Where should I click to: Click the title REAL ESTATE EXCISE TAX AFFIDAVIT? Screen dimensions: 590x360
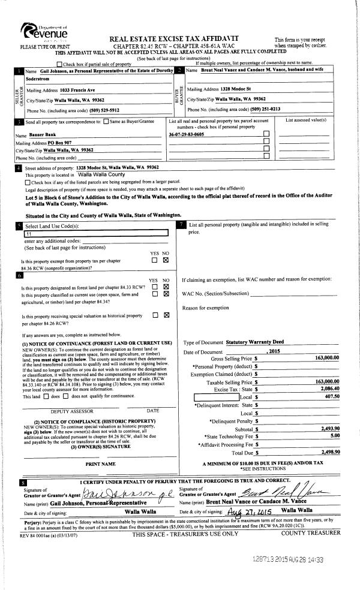(173, 38)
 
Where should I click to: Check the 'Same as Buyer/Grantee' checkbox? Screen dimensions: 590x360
(109, 122)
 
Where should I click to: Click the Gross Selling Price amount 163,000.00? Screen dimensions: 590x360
(326, 358)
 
